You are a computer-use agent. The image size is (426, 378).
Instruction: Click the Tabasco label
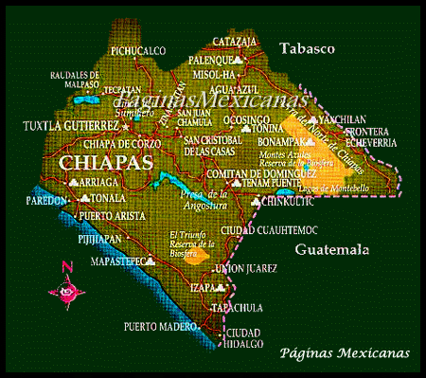click(x=308, y=47)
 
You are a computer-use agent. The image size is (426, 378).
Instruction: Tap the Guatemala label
click(x=330, y=250)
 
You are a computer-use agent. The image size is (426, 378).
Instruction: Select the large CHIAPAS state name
click(x=106, y=163)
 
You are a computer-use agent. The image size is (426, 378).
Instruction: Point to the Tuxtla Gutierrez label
click(x=70, y=124)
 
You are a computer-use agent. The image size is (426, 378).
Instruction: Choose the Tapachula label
click(x=235, y=308)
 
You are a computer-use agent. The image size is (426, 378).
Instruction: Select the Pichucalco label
click(x=137, y=50)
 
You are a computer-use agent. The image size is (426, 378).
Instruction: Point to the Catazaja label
click(x=234, y=42)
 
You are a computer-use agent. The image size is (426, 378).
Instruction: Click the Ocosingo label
click(x=244, y=121)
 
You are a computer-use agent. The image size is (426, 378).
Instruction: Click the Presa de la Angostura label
click(x=200, y=198)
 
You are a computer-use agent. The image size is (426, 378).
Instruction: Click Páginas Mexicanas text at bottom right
click(x=346, y=352)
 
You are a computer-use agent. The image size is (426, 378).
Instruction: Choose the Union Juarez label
click(x=245, y=268)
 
